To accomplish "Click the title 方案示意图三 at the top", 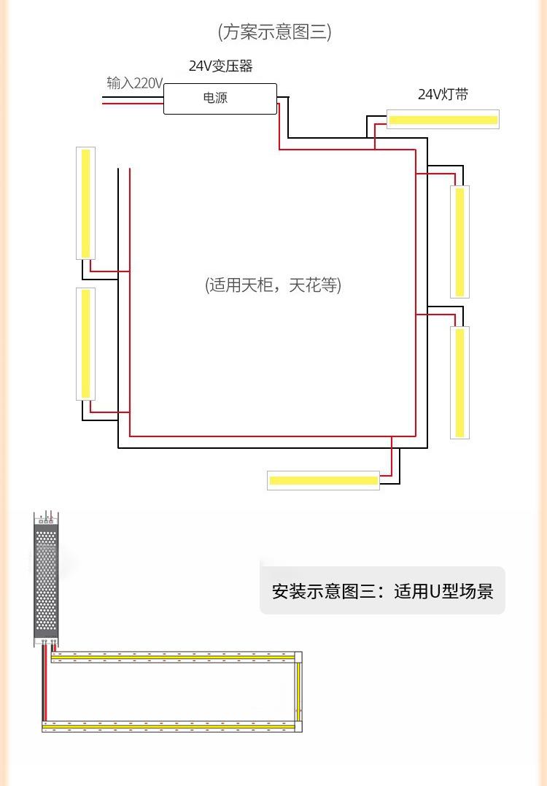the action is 274,32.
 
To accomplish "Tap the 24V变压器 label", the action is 220,66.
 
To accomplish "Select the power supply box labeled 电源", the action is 220,98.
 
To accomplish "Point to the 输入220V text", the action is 134,83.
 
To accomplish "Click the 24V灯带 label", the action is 443,95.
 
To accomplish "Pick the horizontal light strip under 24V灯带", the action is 443,119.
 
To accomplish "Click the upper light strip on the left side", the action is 86,203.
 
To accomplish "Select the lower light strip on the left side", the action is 86,344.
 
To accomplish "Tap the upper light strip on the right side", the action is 459,242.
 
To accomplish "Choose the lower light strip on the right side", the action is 459,382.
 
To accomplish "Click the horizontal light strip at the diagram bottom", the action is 323,480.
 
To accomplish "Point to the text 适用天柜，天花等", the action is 273,285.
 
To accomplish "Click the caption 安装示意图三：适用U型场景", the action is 382,590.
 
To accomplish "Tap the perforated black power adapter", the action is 46,580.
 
